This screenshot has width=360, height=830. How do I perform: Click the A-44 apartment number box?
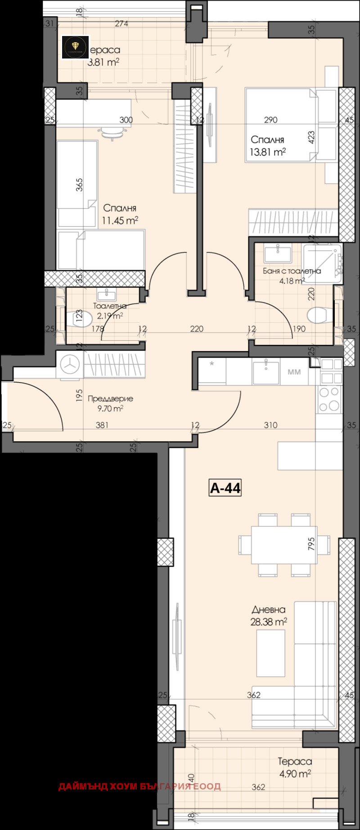225,488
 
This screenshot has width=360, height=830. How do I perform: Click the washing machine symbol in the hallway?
70,365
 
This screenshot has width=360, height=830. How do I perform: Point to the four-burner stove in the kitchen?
329,399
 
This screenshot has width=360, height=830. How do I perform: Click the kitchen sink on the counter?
266,371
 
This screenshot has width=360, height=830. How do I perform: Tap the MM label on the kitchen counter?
294,372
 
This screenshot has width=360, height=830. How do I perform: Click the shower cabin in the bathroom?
323,263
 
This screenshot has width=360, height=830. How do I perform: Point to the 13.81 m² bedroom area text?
268,152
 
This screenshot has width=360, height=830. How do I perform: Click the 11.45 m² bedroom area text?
120,221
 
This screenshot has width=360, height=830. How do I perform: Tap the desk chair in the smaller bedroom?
112,132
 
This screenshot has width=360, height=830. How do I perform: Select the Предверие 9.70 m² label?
110,403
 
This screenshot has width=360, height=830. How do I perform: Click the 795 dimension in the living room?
311,544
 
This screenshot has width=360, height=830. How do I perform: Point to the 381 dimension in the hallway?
102,424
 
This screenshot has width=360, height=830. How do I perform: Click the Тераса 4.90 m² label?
295,767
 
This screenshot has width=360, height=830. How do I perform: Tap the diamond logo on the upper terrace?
75,47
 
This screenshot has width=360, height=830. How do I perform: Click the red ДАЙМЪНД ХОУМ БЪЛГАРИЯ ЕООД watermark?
139,786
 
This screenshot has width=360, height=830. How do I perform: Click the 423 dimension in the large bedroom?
311,137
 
